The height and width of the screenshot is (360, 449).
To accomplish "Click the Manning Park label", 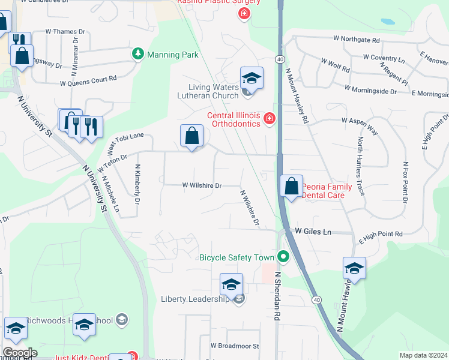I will click(172, 55).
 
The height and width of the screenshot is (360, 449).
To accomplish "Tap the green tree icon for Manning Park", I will click(139, 54).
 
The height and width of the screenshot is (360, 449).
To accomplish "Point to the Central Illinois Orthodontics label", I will click(234, 120).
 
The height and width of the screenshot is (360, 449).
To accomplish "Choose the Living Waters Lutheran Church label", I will click(209, 91).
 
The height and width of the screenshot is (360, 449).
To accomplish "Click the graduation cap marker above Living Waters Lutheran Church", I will click(252, 78).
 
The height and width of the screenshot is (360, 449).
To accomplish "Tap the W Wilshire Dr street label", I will click(202, 186).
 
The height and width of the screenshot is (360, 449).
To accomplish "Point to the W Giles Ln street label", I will click(313, 232).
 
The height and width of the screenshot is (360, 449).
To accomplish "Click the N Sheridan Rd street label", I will click(277, 296).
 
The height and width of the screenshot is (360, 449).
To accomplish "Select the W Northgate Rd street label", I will click(357, 40).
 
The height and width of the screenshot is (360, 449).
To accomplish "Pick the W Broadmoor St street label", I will click(234, 346).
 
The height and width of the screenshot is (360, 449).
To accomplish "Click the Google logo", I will click(19, 353).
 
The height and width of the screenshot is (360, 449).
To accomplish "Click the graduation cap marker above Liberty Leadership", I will click(231, 284).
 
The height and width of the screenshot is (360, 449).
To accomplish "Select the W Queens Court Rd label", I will click(88, 80).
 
